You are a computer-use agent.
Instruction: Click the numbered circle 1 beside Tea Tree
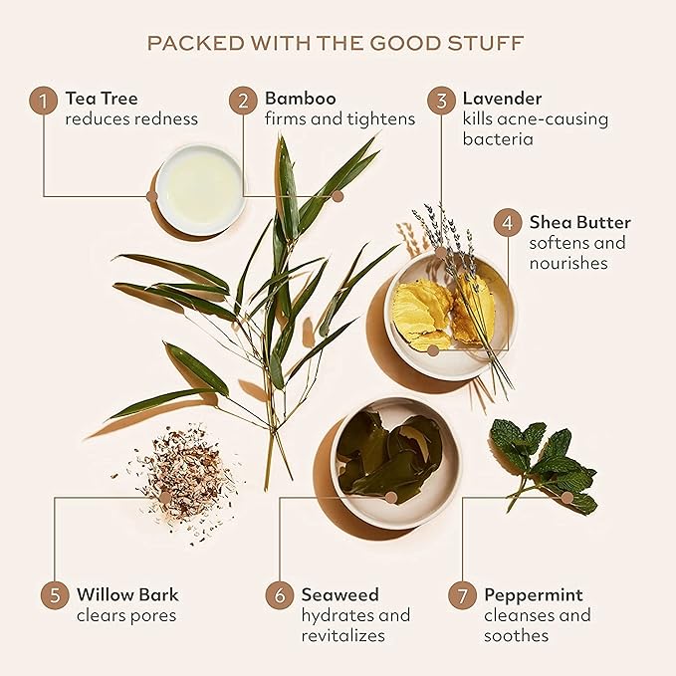(x=43, y=102)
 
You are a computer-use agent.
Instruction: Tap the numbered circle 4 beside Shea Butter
(x=508, y=222)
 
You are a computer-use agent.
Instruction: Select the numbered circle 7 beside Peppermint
(x=462, y=595)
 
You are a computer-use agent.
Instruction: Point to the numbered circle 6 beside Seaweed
(x=280, y=595)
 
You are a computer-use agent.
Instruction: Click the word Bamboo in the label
(x=300, y=99)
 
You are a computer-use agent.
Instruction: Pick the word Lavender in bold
(x=502, y=99)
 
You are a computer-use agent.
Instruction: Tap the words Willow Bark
(x=127, y=594)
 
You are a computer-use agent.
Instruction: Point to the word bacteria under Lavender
(x=498, y=138)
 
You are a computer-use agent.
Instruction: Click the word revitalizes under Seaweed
(x=343, y=635)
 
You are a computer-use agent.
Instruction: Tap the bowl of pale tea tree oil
(x=200, y=190)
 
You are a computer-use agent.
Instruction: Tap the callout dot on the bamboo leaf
(x=338, y=196)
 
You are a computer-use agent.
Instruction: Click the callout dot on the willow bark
(x=164, y=498)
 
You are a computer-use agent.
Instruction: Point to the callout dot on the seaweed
(x=391, y=498)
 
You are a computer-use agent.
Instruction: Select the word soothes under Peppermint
(x=516, y=635)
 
